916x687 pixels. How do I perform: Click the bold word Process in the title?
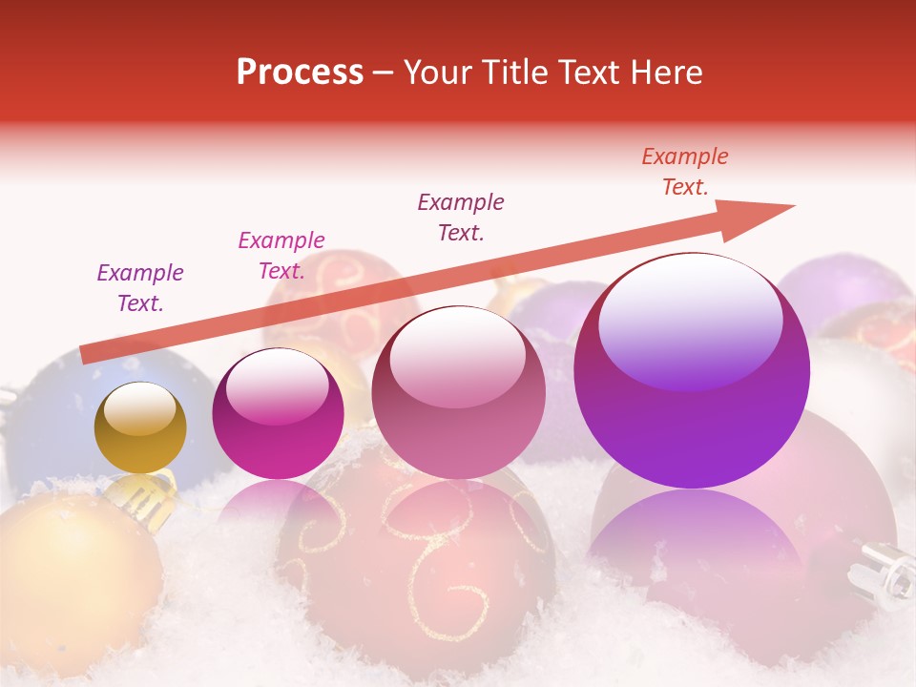click(300, 73)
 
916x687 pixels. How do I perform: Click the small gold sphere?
click(140, 427)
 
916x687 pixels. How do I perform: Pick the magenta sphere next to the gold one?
click(278, 414)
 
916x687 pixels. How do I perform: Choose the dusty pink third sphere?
click(458, 392)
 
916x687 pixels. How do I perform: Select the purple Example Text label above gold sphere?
click(140, 288)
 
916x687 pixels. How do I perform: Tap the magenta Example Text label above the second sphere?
click(281, 256)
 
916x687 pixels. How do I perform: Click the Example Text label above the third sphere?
click(461, 218)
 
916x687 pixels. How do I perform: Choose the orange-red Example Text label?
click(685, 172)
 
